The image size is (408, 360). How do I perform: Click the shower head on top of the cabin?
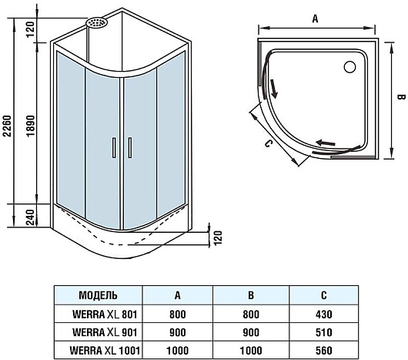pyautogui.click(x=96, y=22)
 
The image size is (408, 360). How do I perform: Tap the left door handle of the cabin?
pyautogui.click(x=114, y=147)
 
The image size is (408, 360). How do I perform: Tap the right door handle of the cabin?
pyautogui.click(x=130, y=147)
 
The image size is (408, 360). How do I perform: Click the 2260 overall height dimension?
pyautogui.click(x=7, y=126)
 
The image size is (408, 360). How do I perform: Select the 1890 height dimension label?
pyautogui.click(x=31, y=126)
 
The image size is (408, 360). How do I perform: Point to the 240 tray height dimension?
pyautogui.click(x=31, y=217)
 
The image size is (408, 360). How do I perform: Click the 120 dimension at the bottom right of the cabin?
pyautogui.click(x=218, y=237)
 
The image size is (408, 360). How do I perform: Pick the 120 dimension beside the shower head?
pyautogui.click(x=30, y=29)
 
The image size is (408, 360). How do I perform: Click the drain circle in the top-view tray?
pyautogui.click(x=349, y=67)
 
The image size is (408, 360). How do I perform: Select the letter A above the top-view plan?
pyautogui.click(x=315, y=19)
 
